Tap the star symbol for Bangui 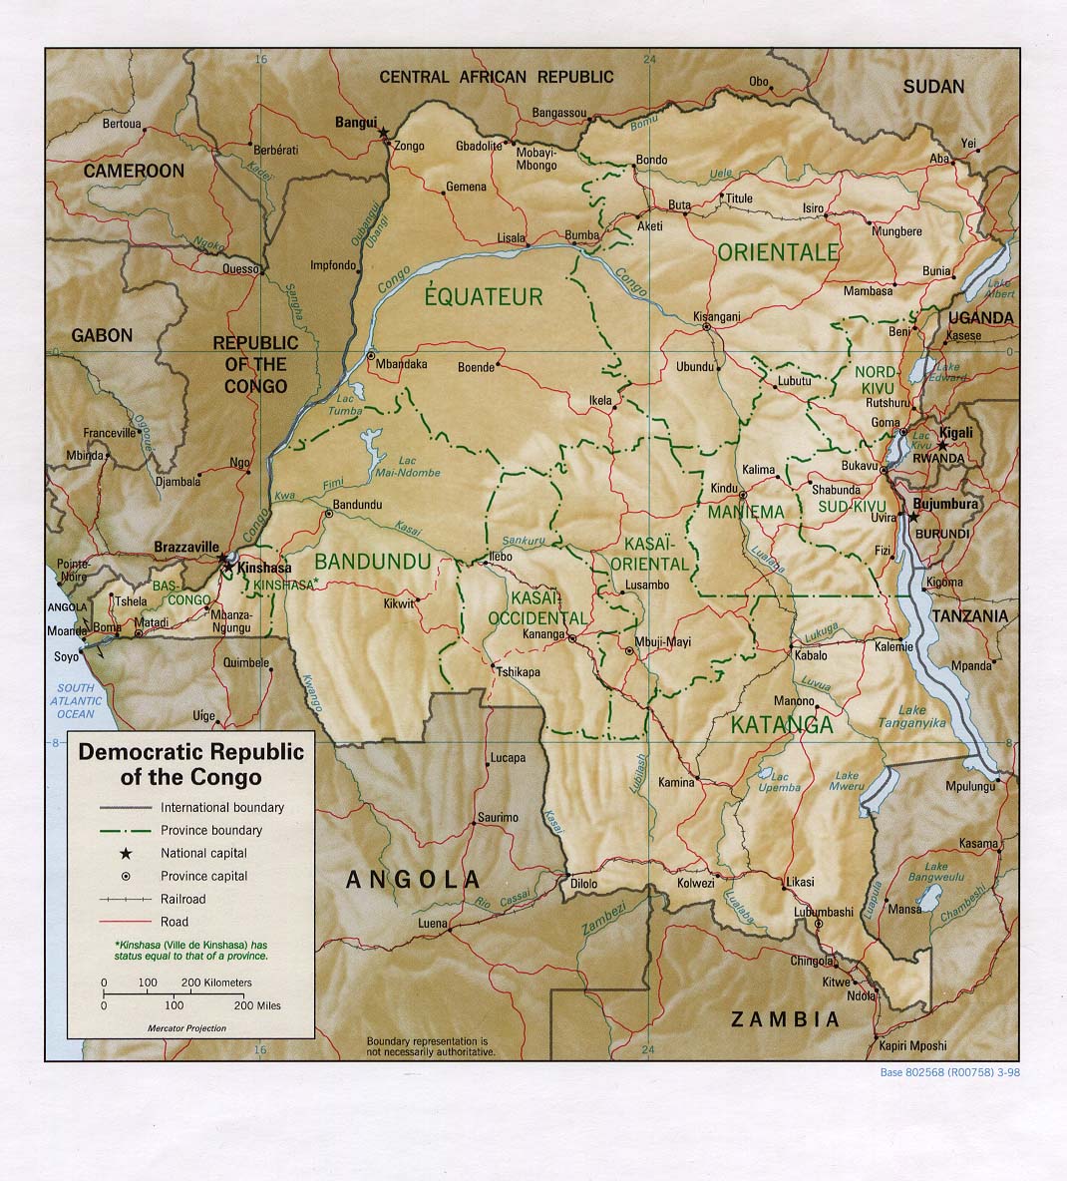(383, 129)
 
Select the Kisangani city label (715, 316)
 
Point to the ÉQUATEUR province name (485, 295)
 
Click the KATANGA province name (782, 724)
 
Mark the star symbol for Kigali (941, 444)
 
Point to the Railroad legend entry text (183, 899)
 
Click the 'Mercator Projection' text (186, 1027)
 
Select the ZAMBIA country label (785, 1019)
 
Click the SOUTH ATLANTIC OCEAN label (75, 701)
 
